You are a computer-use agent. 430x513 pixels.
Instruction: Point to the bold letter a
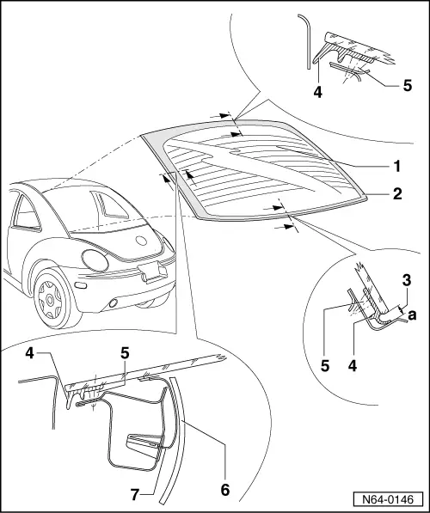point(413,315)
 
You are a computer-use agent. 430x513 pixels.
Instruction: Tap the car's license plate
point(150,272)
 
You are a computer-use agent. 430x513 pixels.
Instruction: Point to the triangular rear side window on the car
point(109,204)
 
